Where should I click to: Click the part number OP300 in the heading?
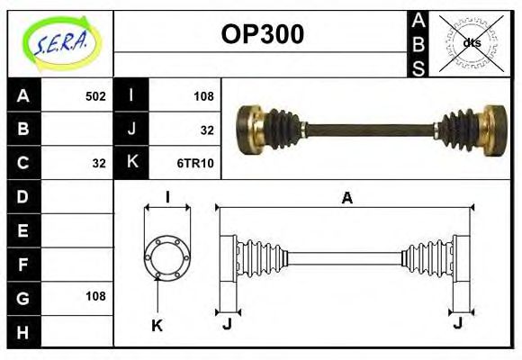click(x=262, y=34)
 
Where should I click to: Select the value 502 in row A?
click(x=94, y=95)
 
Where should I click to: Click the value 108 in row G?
click(x=94, y=296)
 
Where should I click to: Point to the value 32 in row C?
click(x=99, y=163)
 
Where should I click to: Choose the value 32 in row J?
click(x=207, y=130)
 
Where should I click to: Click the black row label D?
click(x=23, y=196)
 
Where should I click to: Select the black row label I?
click(x=132, y=95)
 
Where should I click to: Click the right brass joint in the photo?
click(x=492, y=128)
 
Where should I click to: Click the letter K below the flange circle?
click(x=157, y=325)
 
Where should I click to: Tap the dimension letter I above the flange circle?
click(x=167, y=197)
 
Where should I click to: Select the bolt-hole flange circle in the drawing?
click(x=167, y=256)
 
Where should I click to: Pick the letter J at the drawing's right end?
click(x=459, y=323)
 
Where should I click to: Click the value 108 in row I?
click(x=203, y=95)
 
